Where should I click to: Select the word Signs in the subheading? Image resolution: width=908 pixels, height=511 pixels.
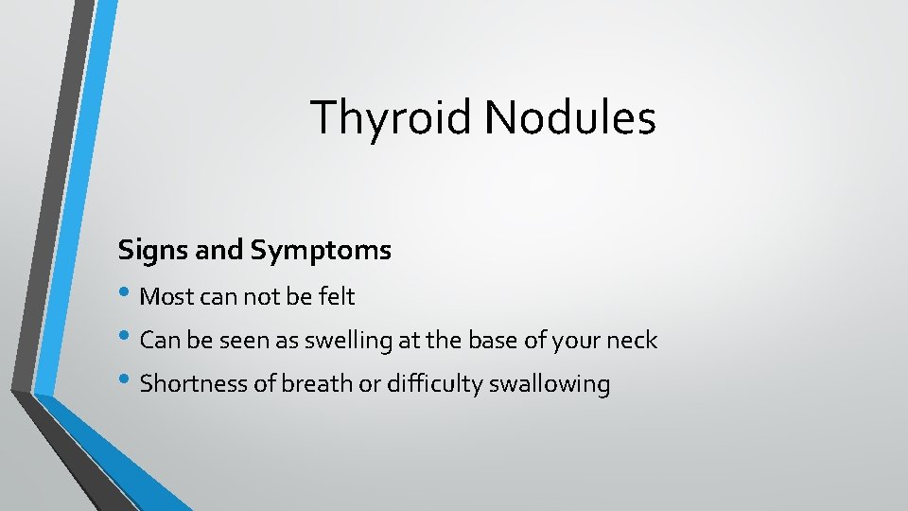click(147, 251)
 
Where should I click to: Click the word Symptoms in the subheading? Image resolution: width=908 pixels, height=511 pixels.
click(321, 251)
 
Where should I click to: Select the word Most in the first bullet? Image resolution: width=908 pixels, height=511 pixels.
click(163, 297)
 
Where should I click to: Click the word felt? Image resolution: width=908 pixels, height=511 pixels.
click(336, 297)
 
